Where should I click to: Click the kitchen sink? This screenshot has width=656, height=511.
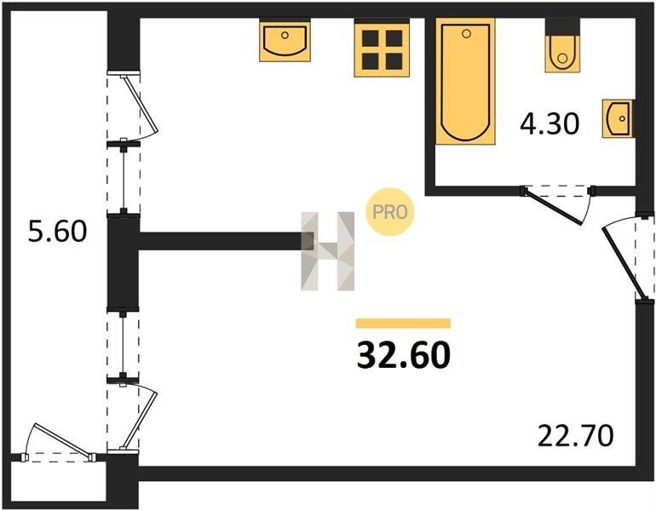[285, 41]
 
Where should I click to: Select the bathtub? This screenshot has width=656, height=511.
[465, 81]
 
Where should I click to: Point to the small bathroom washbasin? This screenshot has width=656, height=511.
[618, 118]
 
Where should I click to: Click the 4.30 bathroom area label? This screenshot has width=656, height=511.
[550, 123]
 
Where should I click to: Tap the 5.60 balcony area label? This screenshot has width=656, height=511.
[57, 232]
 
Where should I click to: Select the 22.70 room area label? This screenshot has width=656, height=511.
[575, 435]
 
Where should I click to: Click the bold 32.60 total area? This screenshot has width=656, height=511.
[404, 354]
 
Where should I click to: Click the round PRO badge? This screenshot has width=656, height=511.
[390, 212]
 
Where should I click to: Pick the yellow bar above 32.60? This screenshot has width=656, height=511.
[403, 324]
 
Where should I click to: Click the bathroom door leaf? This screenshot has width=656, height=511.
[553, 208]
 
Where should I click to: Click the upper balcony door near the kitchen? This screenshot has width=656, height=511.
[139, 103]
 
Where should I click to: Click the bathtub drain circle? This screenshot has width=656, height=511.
[467, 34]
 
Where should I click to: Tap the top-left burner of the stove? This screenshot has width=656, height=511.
[371, 38]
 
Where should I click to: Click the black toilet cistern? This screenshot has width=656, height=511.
[562, 26]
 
